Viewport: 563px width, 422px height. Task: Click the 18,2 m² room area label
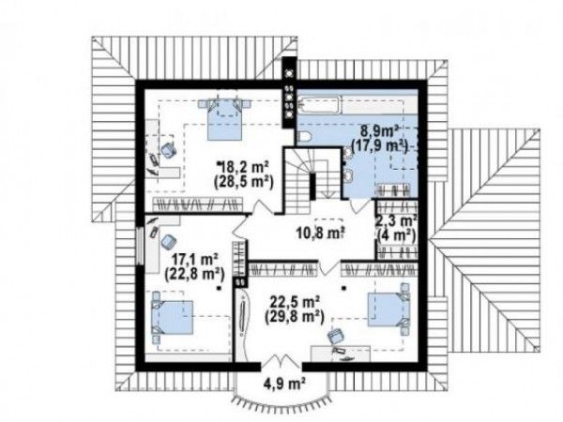[x=245, y=167]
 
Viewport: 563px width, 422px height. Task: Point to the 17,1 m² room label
[x=195, y=259]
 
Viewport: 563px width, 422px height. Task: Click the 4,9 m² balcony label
[x=283, y=384]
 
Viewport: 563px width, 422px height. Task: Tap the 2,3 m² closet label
[x=396, y=219]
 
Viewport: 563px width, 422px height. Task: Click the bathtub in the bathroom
[x=319, y=105]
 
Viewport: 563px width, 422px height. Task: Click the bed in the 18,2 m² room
[x=224, y=120]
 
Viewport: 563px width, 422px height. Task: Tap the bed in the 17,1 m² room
[x=173, y=317]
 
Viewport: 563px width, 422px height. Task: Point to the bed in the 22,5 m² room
[x=388, y=309]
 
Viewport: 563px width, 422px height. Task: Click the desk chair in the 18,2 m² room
[x=168, y=150]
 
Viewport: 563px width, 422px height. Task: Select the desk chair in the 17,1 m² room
[x=167, y=242]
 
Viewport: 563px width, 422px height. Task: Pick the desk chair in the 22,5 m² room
[x=336, y=336]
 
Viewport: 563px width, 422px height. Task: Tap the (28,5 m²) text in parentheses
[x=244, y=182]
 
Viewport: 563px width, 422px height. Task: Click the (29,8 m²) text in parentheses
[x=295, y=317]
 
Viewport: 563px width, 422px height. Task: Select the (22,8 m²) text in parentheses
[x=194, y=274]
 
